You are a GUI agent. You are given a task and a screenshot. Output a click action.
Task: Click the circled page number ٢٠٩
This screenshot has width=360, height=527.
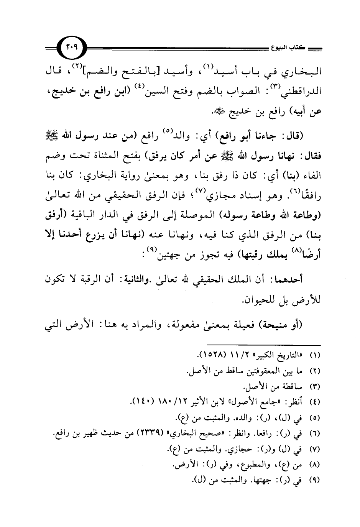pos(72,48)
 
